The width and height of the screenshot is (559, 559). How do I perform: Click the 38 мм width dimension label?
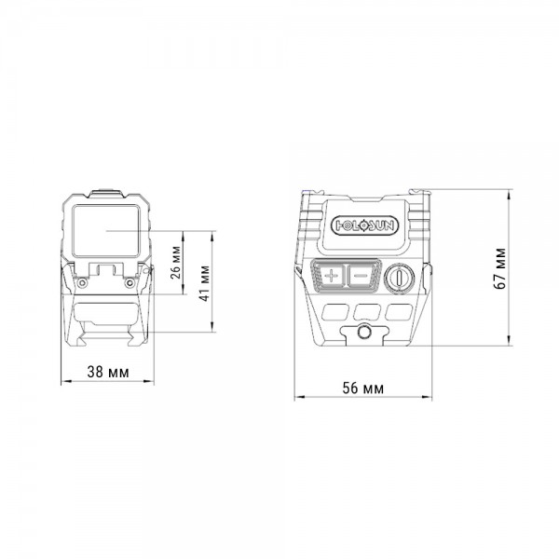108,372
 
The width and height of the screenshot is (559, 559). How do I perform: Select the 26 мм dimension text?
176,263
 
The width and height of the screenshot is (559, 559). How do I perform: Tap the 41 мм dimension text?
204,283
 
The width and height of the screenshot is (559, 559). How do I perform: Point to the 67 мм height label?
500,268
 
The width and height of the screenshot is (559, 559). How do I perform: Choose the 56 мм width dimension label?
363,389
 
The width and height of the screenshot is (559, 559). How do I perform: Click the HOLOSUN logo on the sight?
365,225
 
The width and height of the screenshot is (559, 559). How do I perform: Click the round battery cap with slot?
400,277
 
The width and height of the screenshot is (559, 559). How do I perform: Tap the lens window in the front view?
106,231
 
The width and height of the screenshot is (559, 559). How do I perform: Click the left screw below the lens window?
82,282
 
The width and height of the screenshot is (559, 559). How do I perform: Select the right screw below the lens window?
130,282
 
